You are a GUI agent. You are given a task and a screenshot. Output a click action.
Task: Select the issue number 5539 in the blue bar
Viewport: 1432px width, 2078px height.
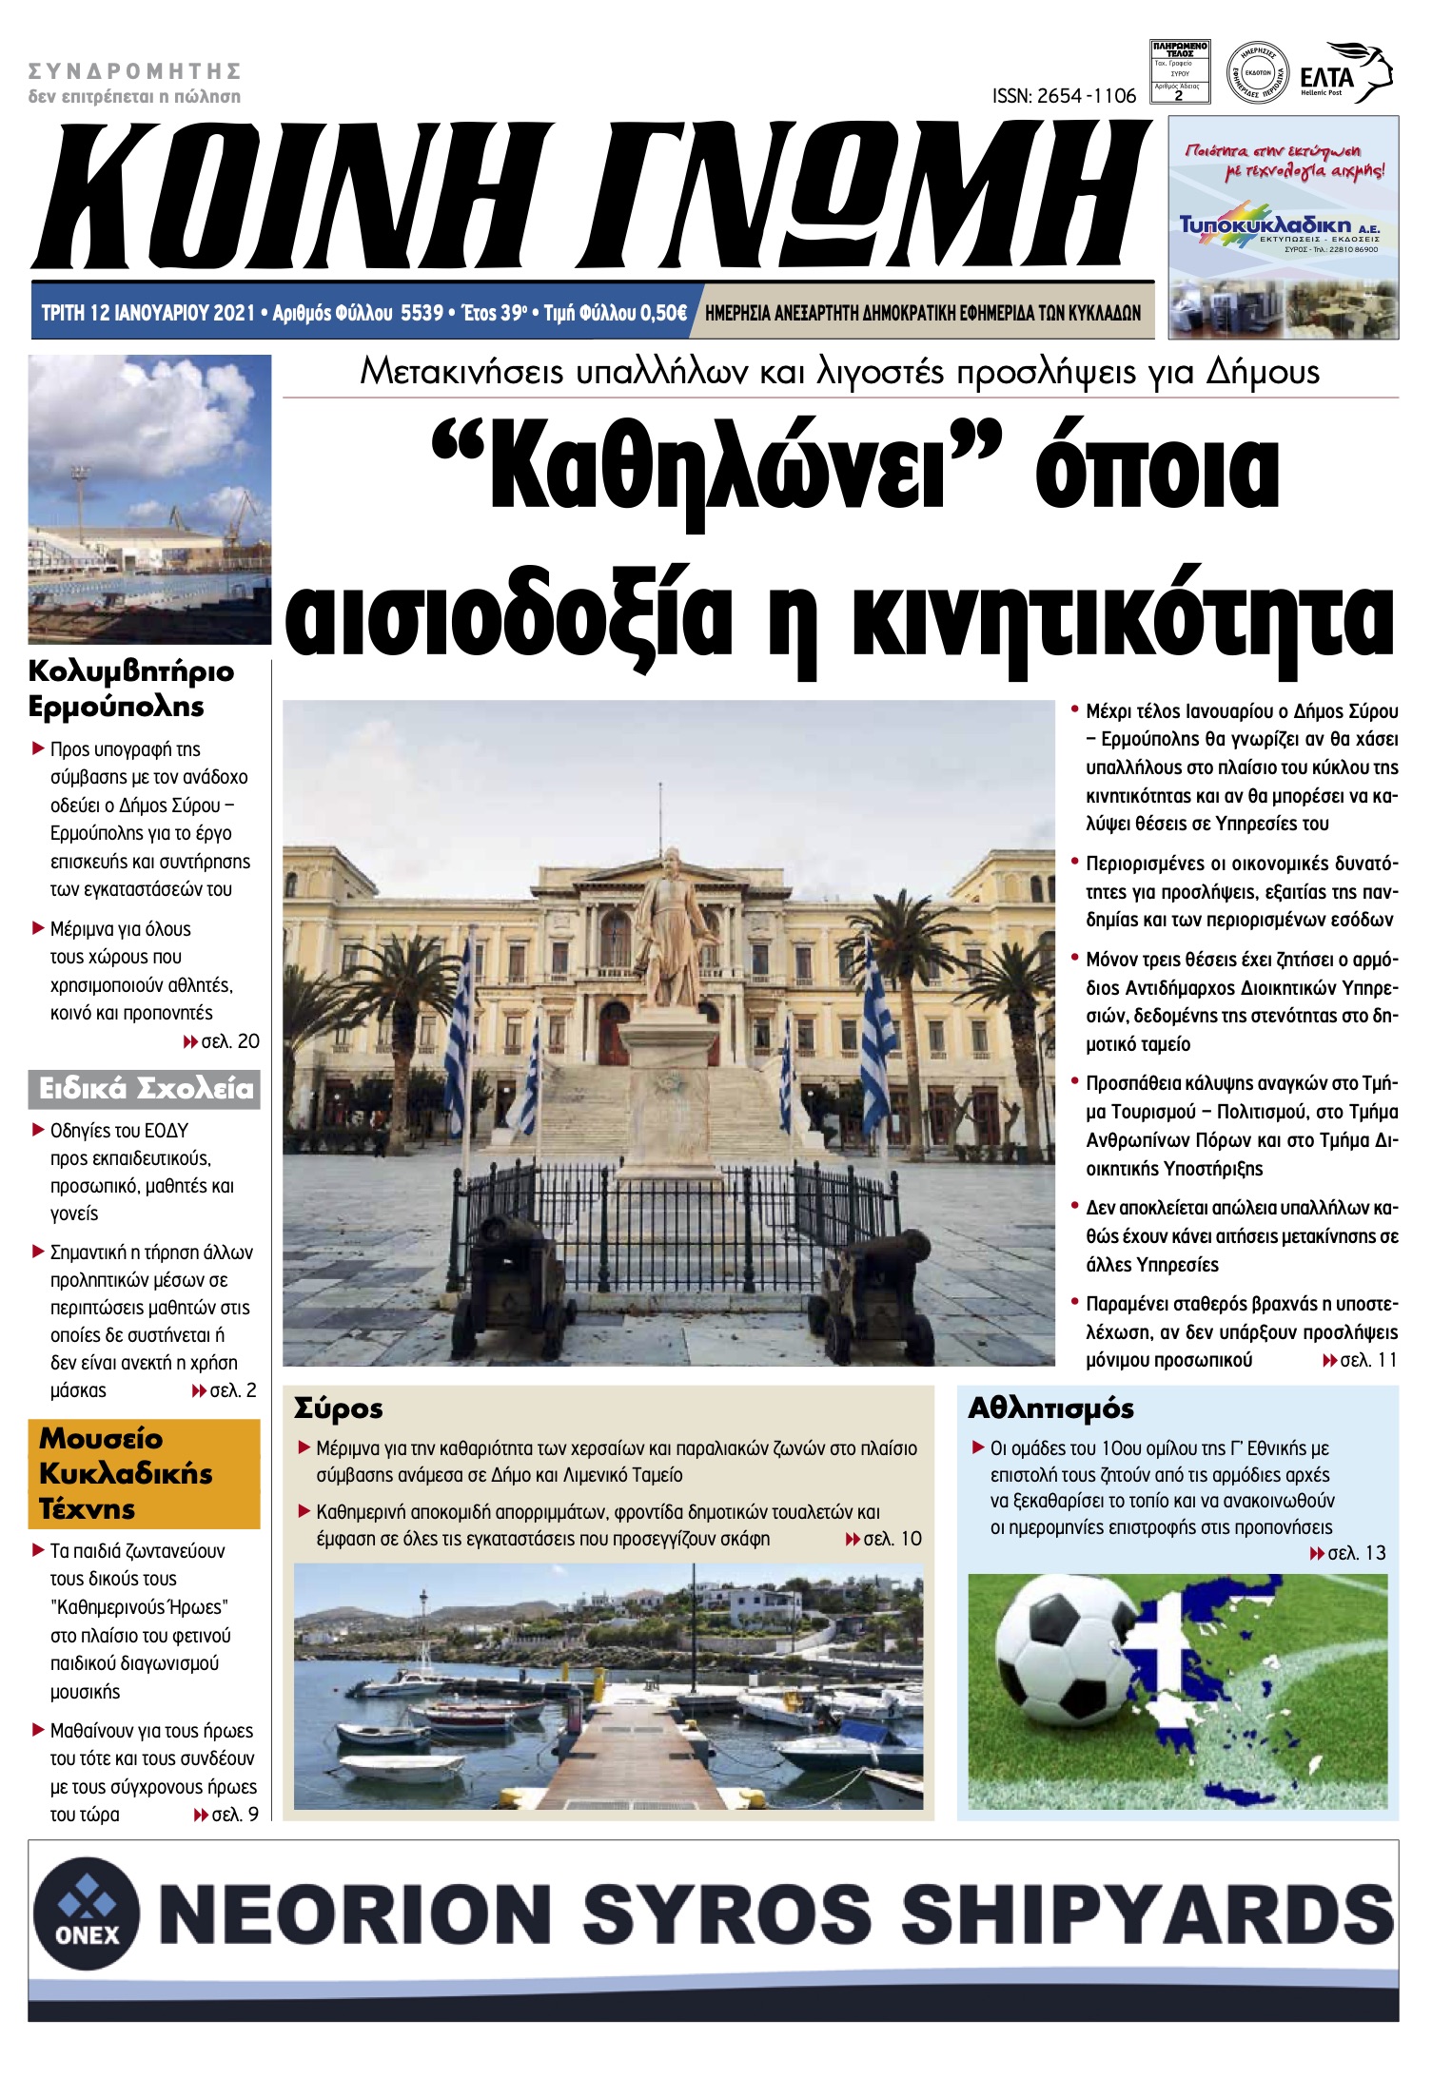tap(422, 313)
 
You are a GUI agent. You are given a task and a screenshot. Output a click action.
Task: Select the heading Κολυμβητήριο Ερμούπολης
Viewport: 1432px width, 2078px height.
tap(130, 689)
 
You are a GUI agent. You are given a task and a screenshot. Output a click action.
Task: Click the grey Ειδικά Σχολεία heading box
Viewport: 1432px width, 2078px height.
tap(145, 1089)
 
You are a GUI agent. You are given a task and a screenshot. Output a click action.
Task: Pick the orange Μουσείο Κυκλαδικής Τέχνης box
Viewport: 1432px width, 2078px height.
tap(145, 1473)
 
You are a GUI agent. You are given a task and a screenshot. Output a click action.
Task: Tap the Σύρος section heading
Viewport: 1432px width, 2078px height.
tap(339, 1408)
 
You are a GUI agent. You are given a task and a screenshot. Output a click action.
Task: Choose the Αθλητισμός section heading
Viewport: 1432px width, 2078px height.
tap(1050, 1408)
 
